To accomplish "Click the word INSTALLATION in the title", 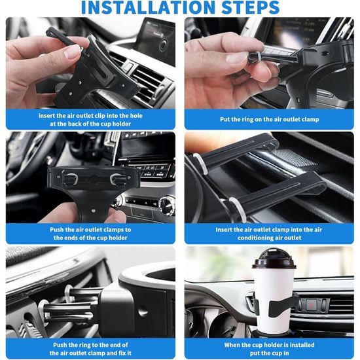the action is tap(148, 7).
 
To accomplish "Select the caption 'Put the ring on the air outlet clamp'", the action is tap(269, 119).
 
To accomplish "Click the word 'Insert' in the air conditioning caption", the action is tap(225, 230).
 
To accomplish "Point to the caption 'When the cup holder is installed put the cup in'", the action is tap(269, 349).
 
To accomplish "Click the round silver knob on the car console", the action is tap(167, 204).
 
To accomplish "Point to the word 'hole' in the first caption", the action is tap(136, 116).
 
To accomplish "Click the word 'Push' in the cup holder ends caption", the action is tap(56, 230).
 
